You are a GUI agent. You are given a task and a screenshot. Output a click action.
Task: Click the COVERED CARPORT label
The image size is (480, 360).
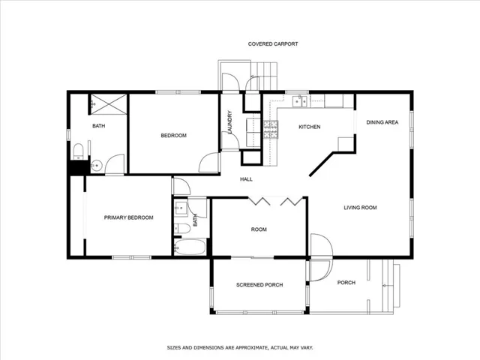(x=273, y=44)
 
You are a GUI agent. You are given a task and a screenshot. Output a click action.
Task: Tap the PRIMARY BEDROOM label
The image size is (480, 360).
(x=128, y=217)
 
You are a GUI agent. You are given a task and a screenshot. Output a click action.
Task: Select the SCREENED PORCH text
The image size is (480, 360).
(x=259, y=285)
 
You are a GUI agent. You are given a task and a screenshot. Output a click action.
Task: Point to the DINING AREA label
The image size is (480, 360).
(x=382, y=122)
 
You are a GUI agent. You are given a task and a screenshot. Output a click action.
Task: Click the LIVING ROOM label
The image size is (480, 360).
(x=360, y=208)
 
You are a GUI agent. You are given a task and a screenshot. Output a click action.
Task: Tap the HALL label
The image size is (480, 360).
(x=246, y=179)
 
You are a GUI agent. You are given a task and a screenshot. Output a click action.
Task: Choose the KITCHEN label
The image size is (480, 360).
(x=310, y=127)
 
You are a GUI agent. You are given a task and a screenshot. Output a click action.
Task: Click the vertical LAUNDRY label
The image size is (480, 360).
(x=230, y=121)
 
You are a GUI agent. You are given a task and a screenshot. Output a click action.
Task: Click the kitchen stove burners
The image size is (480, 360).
(x=271, y=130)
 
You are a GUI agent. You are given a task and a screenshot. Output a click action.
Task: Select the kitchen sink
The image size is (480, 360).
(x=300, y=101)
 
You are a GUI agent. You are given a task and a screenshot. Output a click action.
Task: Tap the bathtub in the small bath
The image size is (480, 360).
(x=190, y=247)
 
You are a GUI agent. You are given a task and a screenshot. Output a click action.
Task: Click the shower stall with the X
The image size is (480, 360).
(x=109, y=104)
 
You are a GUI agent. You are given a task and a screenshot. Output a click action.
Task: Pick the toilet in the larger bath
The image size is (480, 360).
(x=78, y=151)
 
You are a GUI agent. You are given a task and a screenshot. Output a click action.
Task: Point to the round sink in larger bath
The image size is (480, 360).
(x=97, y=166)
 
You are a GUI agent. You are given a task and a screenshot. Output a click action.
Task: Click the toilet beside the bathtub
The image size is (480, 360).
(x=181, y=228)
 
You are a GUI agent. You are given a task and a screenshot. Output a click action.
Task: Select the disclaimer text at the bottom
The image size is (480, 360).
(x=240, y=348)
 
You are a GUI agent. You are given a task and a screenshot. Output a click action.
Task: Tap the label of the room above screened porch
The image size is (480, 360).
(x=259, y=229)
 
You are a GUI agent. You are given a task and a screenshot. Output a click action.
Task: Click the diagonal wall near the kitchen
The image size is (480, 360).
(x=322, y=164)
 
